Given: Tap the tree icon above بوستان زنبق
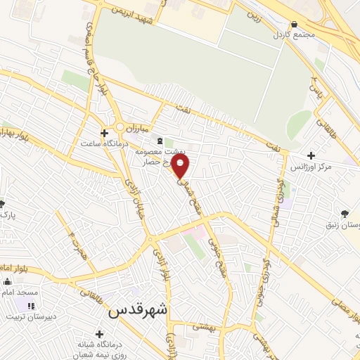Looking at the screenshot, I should (343, 212).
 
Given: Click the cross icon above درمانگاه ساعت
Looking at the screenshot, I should (104, 133).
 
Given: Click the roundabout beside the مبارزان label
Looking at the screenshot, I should (121, 127).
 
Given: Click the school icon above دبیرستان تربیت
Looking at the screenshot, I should (30, 305).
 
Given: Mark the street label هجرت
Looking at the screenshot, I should (73, 239).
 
